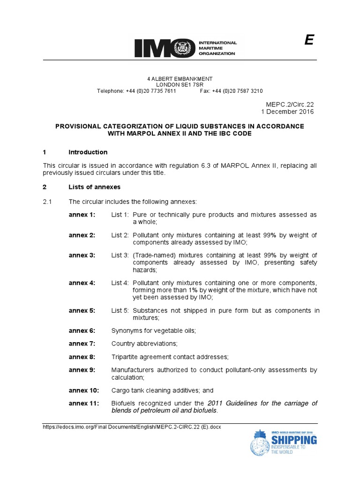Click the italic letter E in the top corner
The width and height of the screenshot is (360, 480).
click(x=308, y=41)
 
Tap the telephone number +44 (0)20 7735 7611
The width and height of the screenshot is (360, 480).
click(x=151, y=91)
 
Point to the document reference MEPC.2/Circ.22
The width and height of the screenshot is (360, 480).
click(x=289, y=104)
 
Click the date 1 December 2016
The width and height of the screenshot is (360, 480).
click(x=287, y=112)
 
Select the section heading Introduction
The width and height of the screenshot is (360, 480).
click(x=88, y=152)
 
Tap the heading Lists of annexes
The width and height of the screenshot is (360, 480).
click(x=94, y=187)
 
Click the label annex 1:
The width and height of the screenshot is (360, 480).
click(x=82, y=215)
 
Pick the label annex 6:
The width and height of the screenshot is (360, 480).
click(x=82, y=330)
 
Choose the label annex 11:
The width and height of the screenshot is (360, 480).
click(x=84, y=403)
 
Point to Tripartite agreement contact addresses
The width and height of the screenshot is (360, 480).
click(x=170, y=357)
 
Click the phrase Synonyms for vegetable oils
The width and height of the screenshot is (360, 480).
click(x=153, y=330)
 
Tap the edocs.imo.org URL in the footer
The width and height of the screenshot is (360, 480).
click(x=132, y=427)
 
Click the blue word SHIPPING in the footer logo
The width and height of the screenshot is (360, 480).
click(x=294, y=440)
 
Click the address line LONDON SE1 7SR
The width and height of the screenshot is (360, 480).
click(x=180, y=85)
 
